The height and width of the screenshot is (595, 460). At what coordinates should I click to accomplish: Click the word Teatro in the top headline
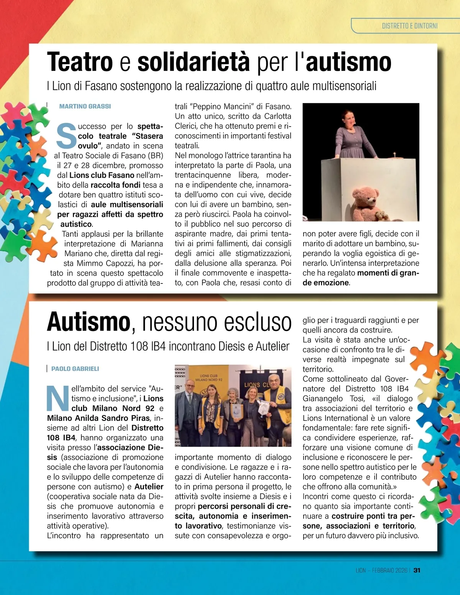[x=80, y=62]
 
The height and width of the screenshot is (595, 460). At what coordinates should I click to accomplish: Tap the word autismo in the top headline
[x=348, y=62]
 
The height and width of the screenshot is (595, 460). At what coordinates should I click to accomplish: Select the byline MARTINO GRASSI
[x=85, y=106]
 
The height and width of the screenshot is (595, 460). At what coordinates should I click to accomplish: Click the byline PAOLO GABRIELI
[x=75, y=369]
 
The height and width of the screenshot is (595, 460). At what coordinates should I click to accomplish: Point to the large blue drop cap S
[x=66, y=136]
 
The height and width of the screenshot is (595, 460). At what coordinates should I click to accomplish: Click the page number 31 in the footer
[x=417, y=570]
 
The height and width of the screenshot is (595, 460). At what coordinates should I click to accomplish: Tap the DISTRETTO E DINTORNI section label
[x=409, y=26]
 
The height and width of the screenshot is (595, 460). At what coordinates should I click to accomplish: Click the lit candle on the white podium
[x=394, y=155]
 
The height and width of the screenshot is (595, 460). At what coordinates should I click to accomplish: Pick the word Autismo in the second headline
[x=89, y=322]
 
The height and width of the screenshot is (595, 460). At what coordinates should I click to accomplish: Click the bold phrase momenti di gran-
[x=388, y=273]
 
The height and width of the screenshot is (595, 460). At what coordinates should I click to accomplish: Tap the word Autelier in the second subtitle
[x=273, y=346]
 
